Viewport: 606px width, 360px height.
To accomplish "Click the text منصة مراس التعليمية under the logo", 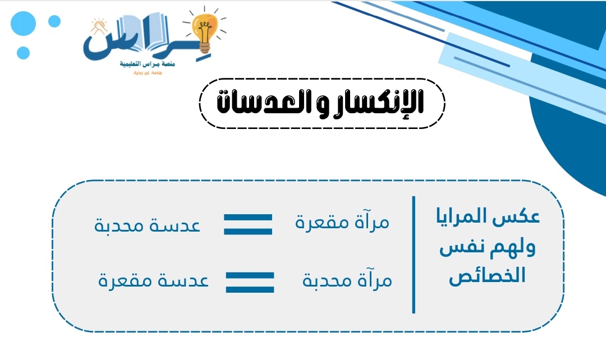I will point(148,64).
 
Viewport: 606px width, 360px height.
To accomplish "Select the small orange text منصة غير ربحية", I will point(148,73).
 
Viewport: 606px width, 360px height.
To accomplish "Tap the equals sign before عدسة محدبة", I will point(248,224).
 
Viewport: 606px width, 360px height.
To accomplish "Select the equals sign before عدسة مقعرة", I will point(250,282).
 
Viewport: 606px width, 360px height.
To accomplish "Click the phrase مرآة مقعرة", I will point(342,223).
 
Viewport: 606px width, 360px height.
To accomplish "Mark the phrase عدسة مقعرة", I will point(153,280).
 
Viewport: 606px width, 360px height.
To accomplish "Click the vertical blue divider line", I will point(414,254).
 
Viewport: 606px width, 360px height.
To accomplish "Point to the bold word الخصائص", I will point(488,276).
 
